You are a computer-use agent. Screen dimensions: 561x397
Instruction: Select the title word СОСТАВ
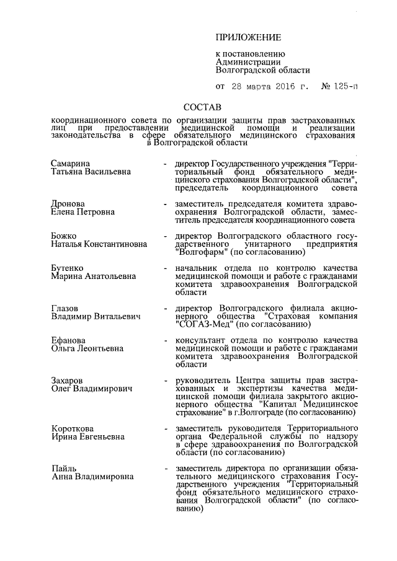click(203, 107)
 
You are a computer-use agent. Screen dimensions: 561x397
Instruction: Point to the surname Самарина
click(70, 162)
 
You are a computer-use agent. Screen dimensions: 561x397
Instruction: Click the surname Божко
click(65, 236)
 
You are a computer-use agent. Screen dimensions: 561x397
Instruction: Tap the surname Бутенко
click(68, 268)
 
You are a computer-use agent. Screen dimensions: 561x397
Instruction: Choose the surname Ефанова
click(69, 341)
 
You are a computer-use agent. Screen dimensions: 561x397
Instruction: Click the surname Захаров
click(68, 380)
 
